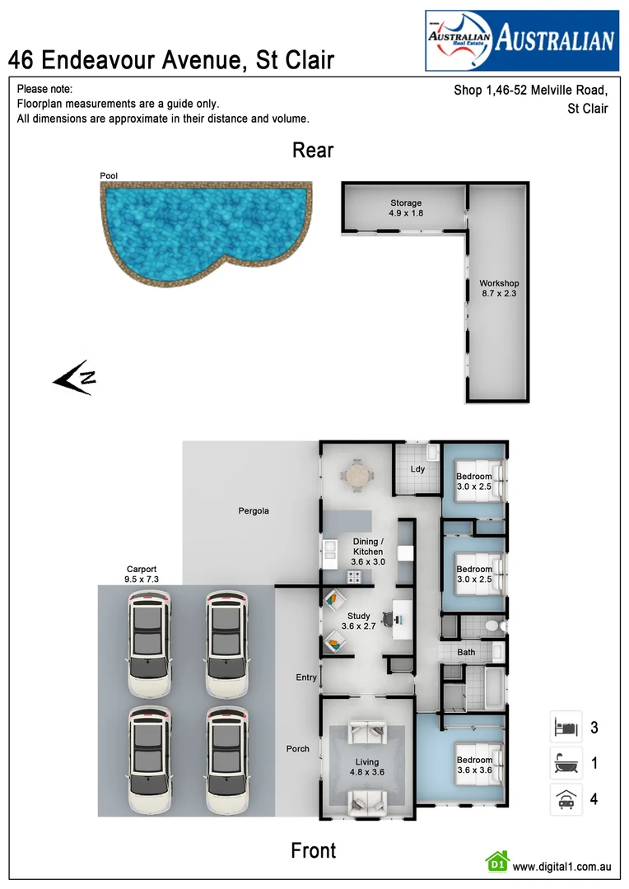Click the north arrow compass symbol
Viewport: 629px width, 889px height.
click(x=75, y=378)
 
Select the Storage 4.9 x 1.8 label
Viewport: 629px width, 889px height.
click(x=405, y=208)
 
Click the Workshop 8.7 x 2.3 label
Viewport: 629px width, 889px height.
click(x=499, y=288)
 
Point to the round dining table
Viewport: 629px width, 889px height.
click(x=357, y=475)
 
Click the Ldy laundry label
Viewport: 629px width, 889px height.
click(x=417, y=469)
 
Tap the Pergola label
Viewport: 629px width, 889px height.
click(x=254, y=511)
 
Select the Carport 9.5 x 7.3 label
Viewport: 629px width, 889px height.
click(x=142, y=574)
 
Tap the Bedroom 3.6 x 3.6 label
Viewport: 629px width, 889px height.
click(x=474, y=766)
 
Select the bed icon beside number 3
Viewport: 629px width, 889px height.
click(x=565, y=728)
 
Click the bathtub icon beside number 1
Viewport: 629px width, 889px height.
click(x=565, y=764)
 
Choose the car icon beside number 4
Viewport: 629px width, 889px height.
click(x=565, y=799)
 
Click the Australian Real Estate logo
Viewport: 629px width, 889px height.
click(x=521, y=40)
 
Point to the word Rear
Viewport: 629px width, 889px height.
click(x=313, y=150)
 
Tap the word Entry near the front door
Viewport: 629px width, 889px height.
click(x=306, y=677)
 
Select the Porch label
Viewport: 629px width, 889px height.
click(x=297, y=748)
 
